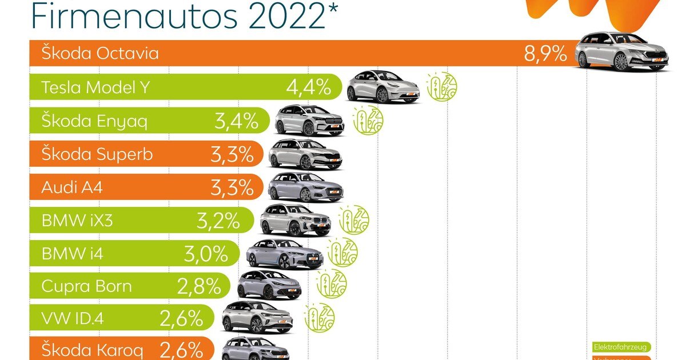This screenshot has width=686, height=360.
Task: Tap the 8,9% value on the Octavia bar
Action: point(545,54)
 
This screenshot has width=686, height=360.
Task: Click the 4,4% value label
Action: point(309,88)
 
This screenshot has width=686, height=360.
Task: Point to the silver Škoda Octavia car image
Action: point(622,53)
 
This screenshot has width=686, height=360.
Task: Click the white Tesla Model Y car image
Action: point(384,87)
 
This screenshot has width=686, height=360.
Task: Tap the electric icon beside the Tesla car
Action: point(442,87)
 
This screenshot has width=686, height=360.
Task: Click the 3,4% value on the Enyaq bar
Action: point(235,121)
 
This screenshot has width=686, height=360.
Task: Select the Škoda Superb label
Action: point(97,154)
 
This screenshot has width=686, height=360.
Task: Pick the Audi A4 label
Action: point(72,187)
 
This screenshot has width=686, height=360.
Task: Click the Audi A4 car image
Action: point(306,187)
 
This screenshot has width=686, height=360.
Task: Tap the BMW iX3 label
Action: point(77,221)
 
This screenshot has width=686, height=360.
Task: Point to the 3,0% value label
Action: point(206,254)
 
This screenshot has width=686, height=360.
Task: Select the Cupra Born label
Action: point(86,286)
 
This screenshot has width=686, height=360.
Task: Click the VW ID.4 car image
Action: point(258,317)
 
